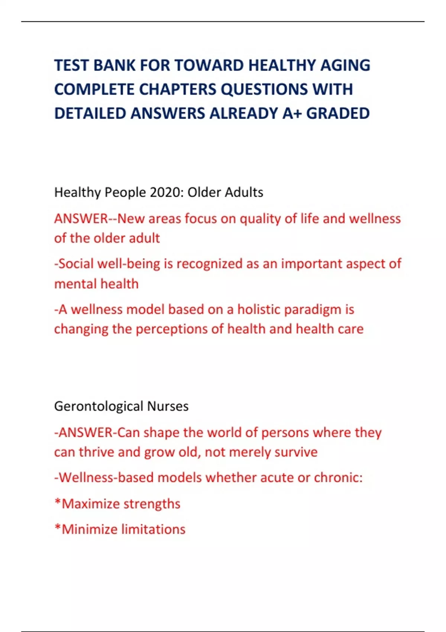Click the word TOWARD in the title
[209, 65]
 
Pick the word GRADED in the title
[338, 113]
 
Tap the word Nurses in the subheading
[168, 406]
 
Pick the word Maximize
[91, 504]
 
